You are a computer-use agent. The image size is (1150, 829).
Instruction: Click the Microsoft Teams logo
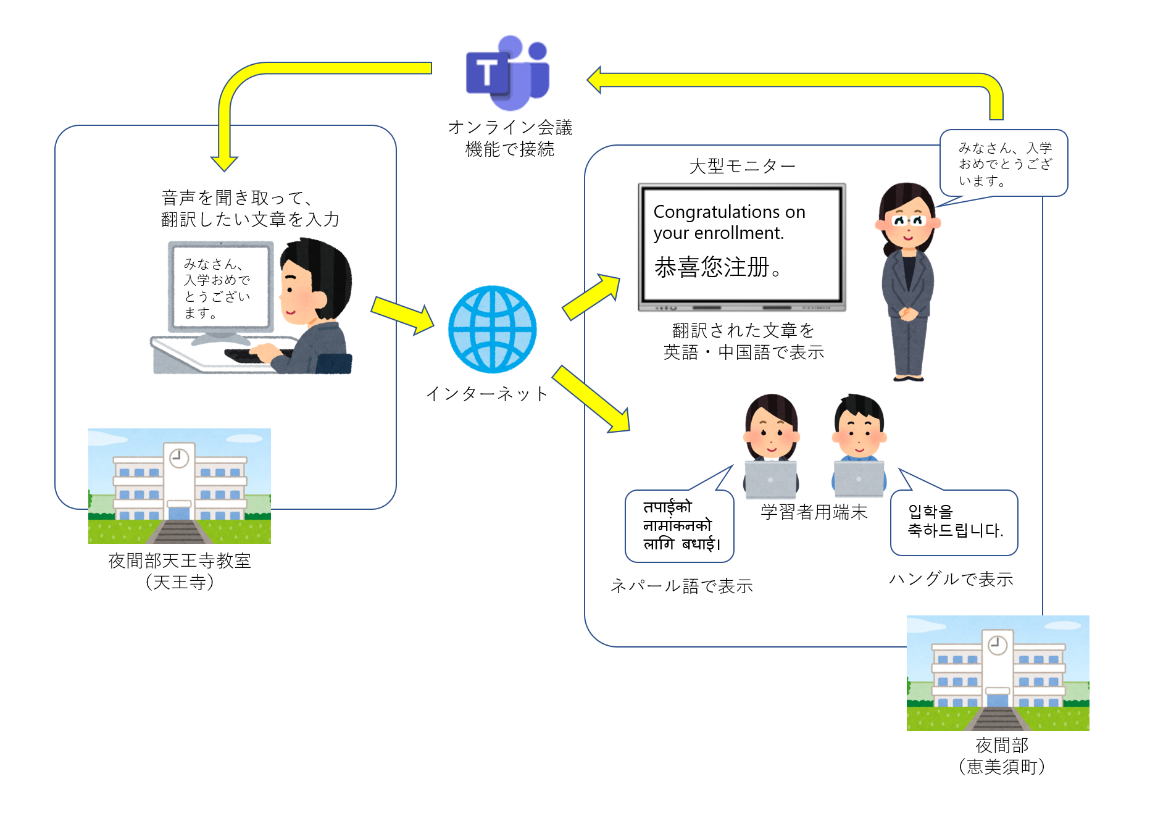click(507, 72)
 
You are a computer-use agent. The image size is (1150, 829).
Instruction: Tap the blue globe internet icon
click(492, 329)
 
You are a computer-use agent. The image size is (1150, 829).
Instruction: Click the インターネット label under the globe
click(487, 394)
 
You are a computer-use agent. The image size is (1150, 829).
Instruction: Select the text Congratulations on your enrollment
click(729, 222)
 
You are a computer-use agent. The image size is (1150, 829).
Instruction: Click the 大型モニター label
click(742, 166)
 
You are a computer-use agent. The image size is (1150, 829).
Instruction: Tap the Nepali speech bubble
click(679, 526)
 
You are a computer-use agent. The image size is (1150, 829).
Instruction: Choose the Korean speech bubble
click(954, 522)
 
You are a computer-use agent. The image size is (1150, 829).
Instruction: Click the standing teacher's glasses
click(907, 220)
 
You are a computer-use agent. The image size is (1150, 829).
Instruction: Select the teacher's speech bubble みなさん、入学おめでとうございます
click(1004, 164)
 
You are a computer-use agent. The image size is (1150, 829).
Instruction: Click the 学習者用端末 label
click(814, 512)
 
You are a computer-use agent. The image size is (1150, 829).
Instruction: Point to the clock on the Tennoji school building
click(179, 457)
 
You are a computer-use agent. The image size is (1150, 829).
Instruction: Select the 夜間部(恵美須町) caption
click(1001, 756)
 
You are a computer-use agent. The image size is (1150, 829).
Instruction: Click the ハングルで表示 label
click(951, 579)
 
